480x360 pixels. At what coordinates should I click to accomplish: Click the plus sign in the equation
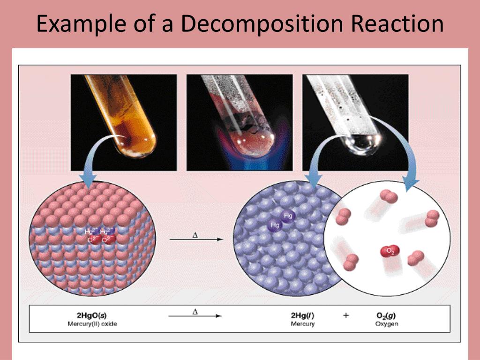[346, 315]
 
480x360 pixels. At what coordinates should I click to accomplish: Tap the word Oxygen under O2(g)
[386, 324]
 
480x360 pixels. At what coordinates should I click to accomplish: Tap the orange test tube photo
[123, 122]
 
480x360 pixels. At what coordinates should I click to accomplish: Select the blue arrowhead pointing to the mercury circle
[313, 180]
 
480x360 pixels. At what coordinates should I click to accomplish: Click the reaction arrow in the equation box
[195, 316]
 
